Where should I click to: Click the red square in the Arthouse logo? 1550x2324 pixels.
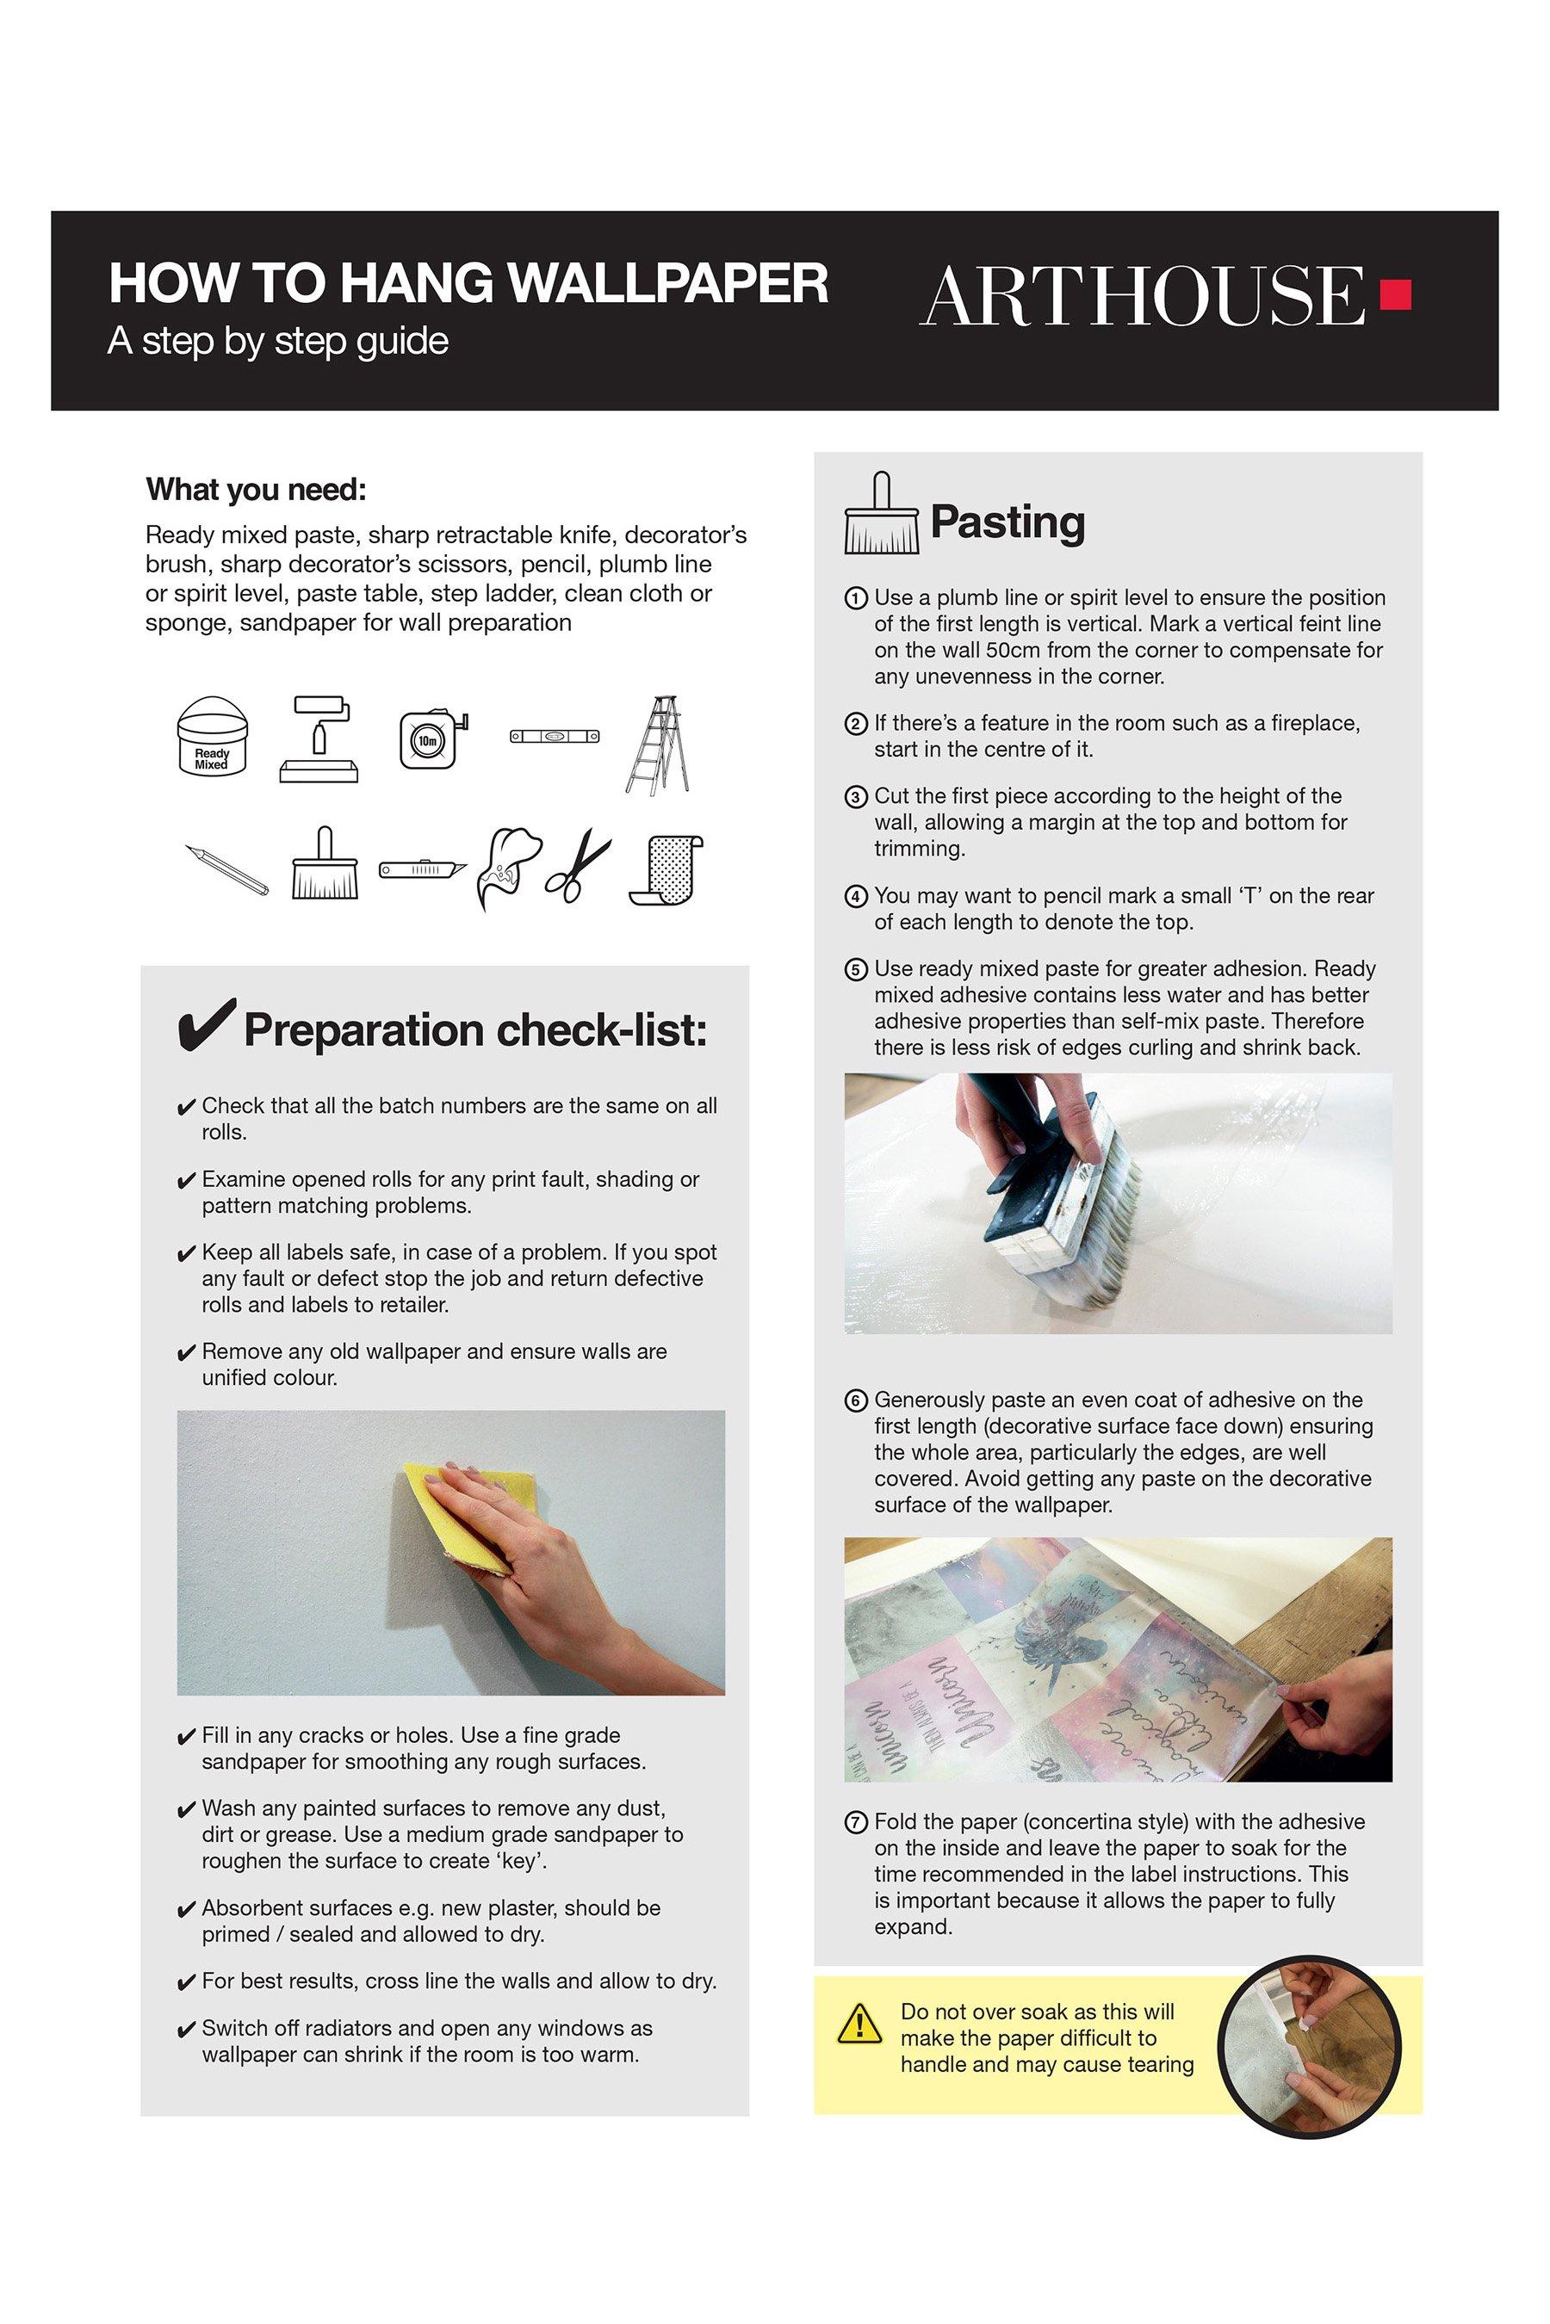coord(1396,294)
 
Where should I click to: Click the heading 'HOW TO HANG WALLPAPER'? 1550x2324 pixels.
coord(468,283)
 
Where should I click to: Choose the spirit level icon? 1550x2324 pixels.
coord(555,736)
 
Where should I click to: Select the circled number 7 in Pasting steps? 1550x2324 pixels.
coord(855,1822)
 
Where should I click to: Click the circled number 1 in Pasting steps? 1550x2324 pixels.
coord(855,598)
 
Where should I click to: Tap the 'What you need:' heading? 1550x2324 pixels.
coord(256,490)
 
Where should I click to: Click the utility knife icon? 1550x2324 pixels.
coord(423,869)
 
